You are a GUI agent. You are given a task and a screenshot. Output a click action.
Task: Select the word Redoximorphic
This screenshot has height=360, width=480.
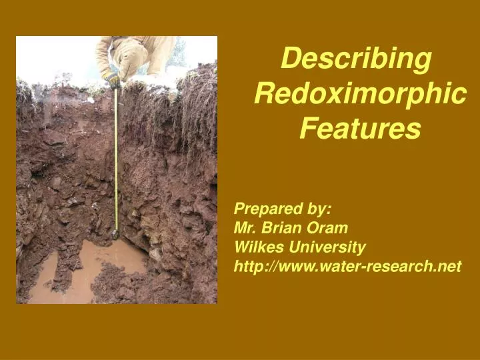(x=360, y=94)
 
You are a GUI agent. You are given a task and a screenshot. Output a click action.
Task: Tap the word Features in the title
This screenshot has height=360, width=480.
(x=360, y=128)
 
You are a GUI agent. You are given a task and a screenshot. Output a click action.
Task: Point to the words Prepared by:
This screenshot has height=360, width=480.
(x=283, y=209)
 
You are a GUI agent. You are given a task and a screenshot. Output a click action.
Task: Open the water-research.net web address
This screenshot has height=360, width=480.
(x=347, y=267)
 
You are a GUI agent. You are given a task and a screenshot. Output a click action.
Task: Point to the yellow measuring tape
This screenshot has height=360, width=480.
(x=116, y=160)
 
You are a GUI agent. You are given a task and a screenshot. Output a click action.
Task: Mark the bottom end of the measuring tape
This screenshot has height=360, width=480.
(x=116, y=234)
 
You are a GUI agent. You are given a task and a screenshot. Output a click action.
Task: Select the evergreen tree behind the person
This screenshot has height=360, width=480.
(x=176, y=57)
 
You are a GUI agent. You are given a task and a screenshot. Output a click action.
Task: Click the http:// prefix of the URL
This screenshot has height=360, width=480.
(x=254, y=267)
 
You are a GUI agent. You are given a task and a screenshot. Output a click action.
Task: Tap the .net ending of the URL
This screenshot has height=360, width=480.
(x=447, y=267)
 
